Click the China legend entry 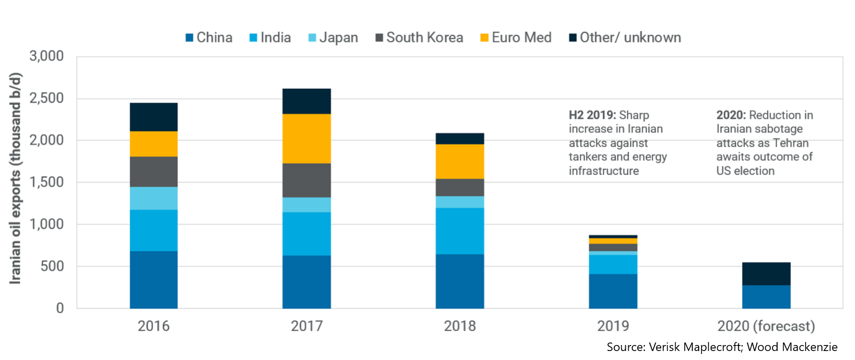click(209, 37)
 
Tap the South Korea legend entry click(419, 37)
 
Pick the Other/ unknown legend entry click(625, 37)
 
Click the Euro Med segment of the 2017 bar click(306, 138)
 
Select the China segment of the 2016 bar click(153, 279)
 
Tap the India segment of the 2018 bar click(459, 231)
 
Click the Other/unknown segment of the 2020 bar click(766, 274)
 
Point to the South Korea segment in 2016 click(153, 171)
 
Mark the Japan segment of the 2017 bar click(306, 205)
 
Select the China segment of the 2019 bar click(613, 291)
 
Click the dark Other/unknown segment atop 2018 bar click(459, 138)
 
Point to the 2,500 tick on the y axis click(46, 98)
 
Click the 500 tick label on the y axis click(52, 266)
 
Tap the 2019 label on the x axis click(613, 326)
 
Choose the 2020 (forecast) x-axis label click(766, 326)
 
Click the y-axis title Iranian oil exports click(15, 178)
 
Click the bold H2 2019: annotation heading click(592, 115)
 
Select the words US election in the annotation click(745, 171)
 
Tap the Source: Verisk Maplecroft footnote click(722, 347)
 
